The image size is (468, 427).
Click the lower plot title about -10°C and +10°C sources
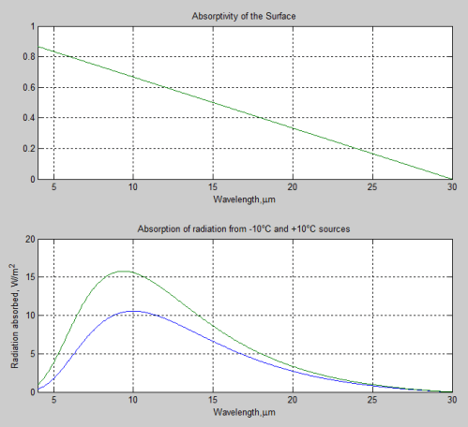coord(244,229)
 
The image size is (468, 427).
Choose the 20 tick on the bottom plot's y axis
coord(29,240)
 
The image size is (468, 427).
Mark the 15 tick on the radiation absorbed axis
coord(29,278)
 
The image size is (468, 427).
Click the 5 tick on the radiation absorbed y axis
coord(31,354)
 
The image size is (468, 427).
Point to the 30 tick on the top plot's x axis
coord(452,187)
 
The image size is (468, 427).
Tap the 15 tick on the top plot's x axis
coord(213,187)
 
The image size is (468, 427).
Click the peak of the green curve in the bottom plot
coord(123,272)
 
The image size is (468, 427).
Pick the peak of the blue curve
coord(134,311)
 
